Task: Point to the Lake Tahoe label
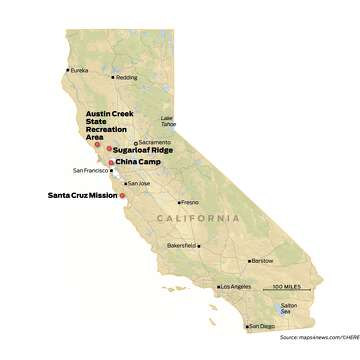(183, 122)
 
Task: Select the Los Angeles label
(236, 287)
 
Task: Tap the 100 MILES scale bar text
(289, 286)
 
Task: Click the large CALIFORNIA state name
(198, 218)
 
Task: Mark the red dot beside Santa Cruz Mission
(123, 196)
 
